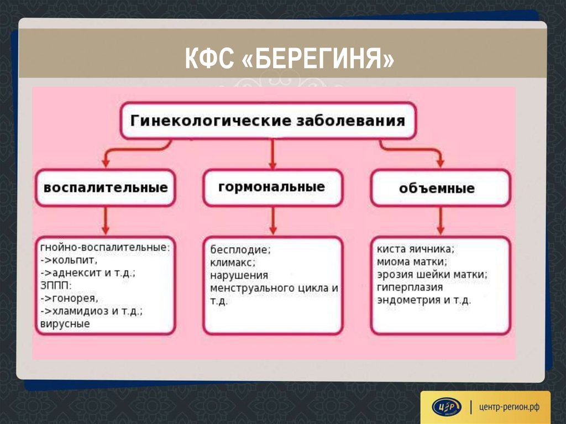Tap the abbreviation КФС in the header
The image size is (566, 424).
coord(209,58)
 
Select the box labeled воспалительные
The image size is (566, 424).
coord(106,188)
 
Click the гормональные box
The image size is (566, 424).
coord(272,188)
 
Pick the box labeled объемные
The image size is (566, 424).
coord(441,188)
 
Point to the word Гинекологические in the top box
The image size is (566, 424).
coord(211,121)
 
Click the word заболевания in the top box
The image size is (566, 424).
coord(350,121)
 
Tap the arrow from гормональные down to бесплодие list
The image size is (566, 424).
coord(273,221)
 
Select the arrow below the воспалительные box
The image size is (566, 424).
coord(106,221)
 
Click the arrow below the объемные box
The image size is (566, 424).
coord(441,221)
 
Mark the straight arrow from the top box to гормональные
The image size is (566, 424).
coord(272,154)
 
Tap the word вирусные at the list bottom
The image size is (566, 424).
coord(65,323)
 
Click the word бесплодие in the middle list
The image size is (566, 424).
coord(239,249)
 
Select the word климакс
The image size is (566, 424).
coord(232,262)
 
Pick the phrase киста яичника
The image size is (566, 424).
coord(415,249)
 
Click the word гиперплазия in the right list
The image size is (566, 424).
coord(410,287)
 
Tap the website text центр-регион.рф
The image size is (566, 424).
coord(509,407)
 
